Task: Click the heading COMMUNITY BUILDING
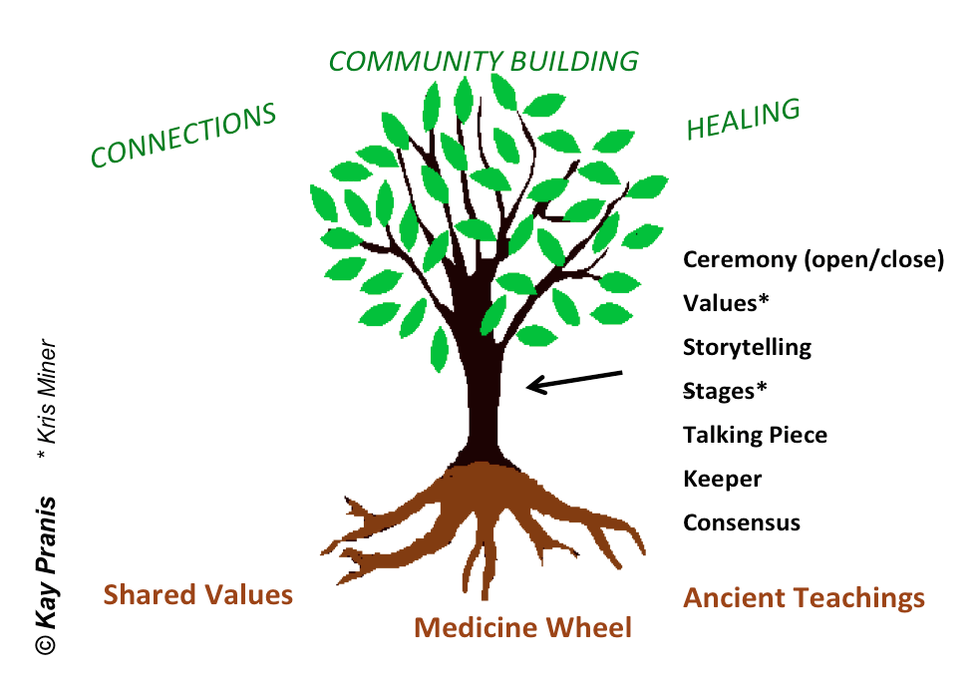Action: pyautogui.click(x=484, y=61)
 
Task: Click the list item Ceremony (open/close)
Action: pyautogui.click(x=813, y=260)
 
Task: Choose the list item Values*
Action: pyautogui.click(x=728, y=303)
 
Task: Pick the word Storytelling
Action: pyautogui.click(x=747, y=348)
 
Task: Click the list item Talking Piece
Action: pyautogui.click(x=755, y=436)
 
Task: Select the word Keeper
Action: pyautogui.click(x=722, y=479)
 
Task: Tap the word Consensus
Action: pyautogui.click(x=741, y=522)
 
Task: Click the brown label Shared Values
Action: pyautogui.click(x=198, y=595)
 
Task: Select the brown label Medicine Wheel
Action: pyautogui.click(x=522, y=628)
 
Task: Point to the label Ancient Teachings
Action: pyautogui.click(x=804, y=598)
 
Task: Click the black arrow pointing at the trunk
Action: pyautogui.click(x=573, y=381)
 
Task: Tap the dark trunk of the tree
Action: pyautogui.click(x=488, y=399)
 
